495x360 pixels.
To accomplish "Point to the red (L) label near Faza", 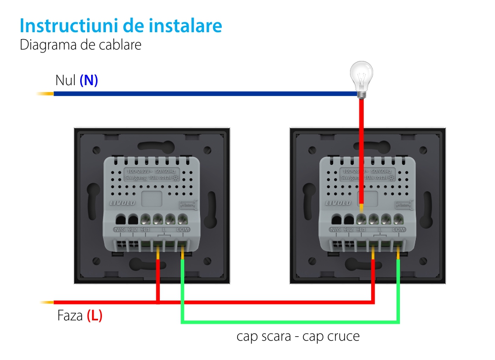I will coord(95,315).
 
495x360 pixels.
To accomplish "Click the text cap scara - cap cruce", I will coord(298,337).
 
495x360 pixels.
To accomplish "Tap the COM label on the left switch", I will coord(183,230).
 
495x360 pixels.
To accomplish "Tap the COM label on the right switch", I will coord(398,230).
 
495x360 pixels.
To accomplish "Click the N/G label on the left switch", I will coord(119,230).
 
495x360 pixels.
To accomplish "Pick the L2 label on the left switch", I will coord(132,230).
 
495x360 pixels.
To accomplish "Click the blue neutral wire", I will coord(198,93).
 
